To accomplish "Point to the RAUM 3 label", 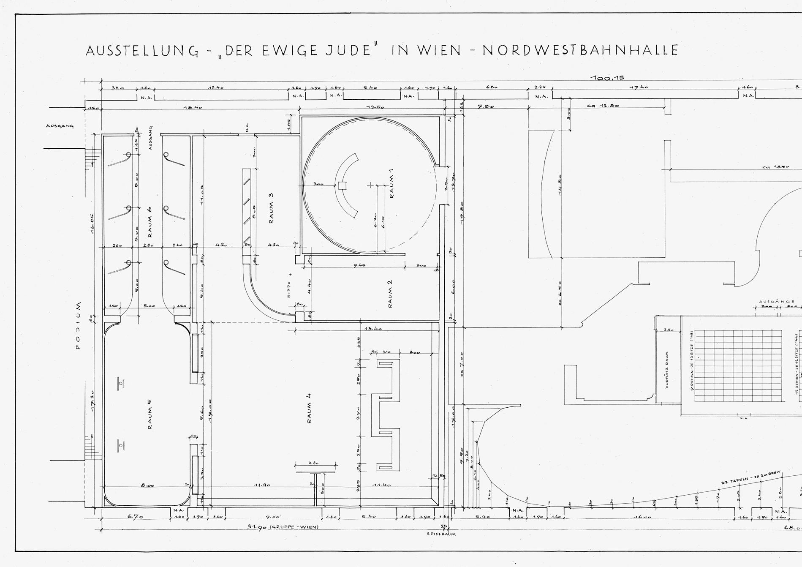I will (x=271, y=208).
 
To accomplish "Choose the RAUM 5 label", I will (x=149, y=414).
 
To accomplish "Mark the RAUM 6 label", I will (x=149, y=221).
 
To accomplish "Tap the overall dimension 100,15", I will (x=607, y=78).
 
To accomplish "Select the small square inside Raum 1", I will (x=342, y=185).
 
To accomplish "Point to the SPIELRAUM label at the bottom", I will (x=441, y=534).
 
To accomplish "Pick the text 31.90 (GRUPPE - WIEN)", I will (x=283, y=527).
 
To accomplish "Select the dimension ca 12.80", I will (x=603, y=106).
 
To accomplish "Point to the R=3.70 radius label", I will (x=289, y=290).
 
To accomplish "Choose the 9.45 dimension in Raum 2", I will (x=360, y=265).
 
